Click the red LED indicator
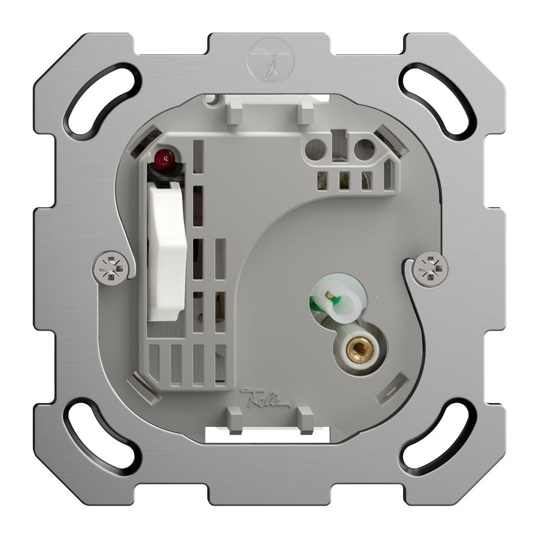(x=164, y=159)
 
